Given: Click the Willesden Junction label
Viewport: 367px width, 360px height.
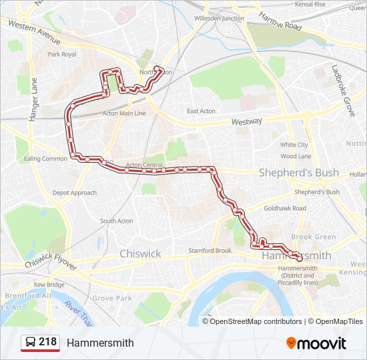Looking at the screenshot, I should click(218, 18).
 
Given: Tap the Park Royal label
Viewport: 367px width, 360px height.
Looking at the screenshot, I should click(63, 54).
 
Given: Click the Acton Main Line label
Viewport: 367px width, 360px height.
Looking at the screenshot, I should click(123, 113).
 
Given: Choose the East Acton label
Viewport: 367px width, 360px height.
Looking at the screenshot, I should click(201, 111).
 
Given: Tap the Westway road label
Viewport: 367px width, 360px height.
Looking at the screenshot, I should click(246, 122).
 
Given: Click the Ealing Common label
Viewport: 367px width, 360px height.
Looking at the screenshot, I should click(45, 159).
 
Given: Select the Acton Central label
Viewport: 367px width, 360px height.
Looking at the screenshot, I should click(144, 165).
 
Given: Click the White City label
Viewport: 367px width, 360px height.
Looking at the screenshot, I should click(294, 145).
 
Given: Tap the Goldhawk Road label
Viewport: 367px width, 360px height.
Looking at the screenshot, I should click(285, 209).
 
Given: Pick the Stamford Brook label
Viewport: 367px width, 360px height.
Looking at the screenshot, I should click(210, 251).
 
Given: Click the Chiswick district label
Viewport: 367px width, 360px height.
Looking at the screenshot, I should click(140, 254).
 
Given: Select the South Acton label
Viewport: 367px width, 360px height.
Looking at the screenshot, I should click(116, 221).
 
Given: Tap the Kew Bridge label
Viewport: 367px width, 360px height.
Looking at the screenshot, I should click(49, 285).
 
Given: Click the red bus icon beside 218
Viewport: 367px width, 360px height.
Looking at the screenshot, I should click(29, 343).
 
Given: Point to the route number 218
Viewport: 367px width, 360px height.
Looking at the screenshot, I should click(47, 342).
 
